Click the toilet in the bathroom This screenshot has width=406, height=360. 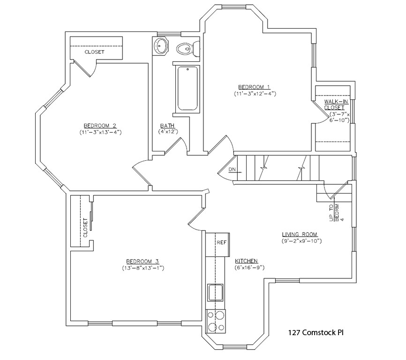point(185,48)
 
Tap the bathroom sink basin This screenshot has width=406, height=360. point(162,45)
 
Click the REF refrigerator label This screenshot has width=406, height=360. point(221,243)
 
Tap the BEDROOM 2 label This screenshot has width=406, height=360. point(100,125)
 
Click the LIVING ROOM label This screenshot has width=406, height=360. point(300,234)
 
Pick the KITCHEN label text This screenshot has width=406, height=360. point(246,261)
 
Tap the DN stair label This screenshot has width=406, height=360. point(232,170)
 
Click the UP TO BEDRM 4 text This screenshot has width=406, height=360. point(337,212)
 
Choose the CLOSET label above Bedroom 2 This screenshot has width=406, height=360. point(94,52)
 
